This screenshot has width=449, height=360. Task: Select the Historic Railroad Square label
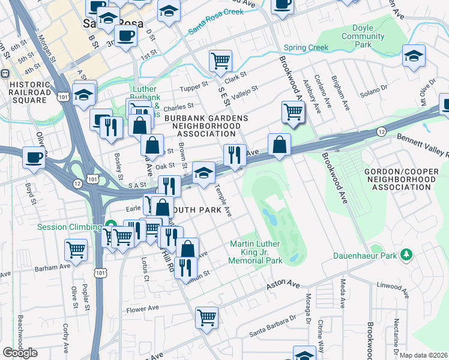(28, 92)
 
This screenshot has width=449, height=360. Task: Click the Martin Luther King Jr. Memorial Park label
(256, 252)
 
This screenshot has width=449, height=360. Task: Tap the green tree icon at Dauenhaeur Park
(407, 255)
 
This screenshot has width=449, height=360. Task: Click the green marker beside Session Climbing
(110, 226)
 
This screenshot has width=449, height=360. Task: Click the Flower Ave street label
(142, 309)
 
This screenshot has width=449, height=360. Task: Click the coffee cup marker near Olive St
(34, 157)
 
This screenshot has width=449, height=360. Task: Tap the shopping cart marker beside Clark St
(220, 59)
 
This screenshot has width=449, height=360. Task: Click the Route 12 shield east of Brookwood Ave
(381, 131)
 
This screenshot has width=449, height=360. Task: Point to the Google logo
(20, 353)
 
